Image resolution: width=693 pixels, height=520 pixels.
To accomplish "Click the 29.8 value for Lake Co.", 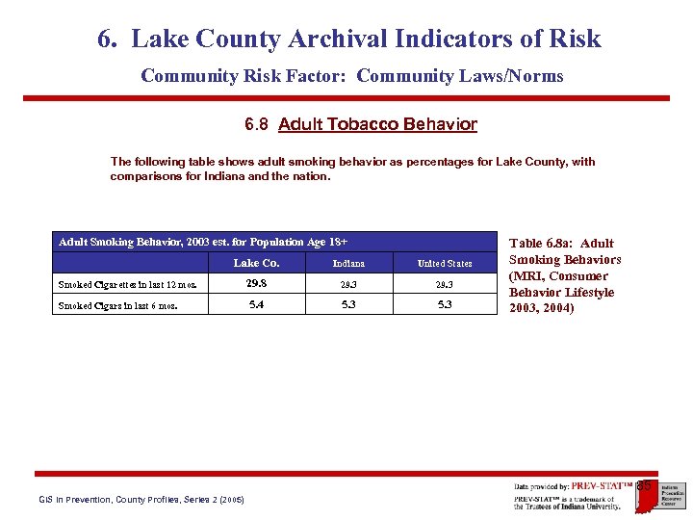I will click(x=257, y=283).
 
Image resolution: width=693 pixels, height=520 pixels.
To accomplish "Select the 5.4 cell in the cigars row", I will click(x=257, y=304).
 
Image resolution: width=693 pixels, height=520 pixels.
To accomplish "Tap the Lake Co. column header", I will click(x=257, y=263).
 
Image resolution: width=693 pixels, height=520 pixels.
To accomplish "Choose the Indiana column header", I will click(x=348, y=264).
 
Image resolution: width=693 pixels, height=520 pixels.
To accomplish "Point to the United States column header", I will click(x=445, y=264).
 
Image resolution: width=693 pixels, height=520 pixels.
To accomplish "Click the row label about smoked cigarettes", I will click(x=128, y=285).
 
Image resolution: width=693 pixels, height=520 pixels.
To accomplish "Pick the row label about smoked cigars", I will click(x=117, y=306).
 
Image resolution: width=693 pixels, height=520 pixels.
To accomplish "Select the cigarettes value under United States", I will click(x=445, y=285).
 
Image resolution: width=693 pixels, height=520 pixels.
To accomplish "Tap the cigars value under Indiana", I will click(x=348, y=305).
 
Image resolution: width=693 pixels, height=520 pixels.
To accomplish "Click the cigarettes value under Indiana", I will click(x=348, y=285).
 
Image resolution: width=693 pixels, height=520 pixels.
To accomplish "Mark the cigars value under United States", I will click(x=445, y=305).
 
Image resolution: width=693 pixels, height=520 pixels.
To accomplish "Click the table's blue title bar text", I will click(x=202, y=242).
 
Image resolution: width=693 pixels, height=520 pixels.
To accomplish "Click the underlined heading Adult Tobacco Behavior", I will click(x=377, y=124).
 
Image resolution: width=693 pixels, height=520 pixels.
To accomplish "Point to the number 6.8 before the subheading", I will click(x=258, y=124).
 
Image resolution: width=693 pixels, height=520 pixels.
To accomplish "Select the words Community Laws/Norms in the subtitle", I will click(x=459, y=75).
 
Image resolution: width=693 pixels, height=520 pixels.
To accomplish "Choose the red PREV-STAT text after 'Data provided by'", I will click(x=603, y=486).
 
